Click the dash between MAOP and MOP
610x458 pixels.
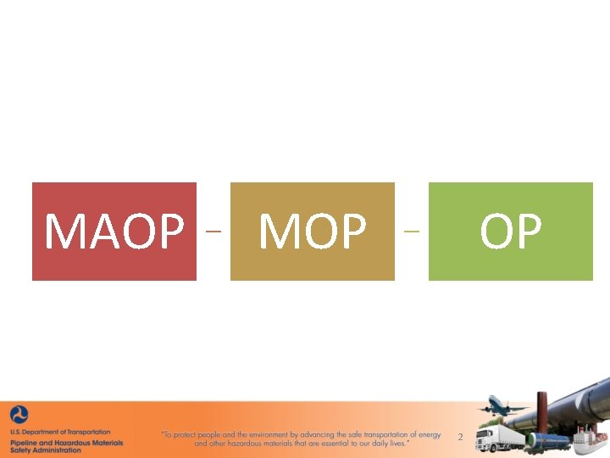click(213, 231)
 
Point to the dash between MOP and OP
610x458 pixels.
click(412, 231)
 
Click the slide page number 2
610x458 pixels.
click(460, 438)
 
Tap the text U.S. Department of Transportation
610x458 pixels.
click(60, 433)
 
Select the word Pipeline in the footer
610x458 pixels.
click(26, 442)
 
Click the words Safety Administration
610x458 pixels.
click(46, 450)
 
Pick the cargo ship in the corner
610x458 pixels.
click(590, 443)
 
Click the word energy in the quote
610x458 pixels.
click(429, 435)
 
